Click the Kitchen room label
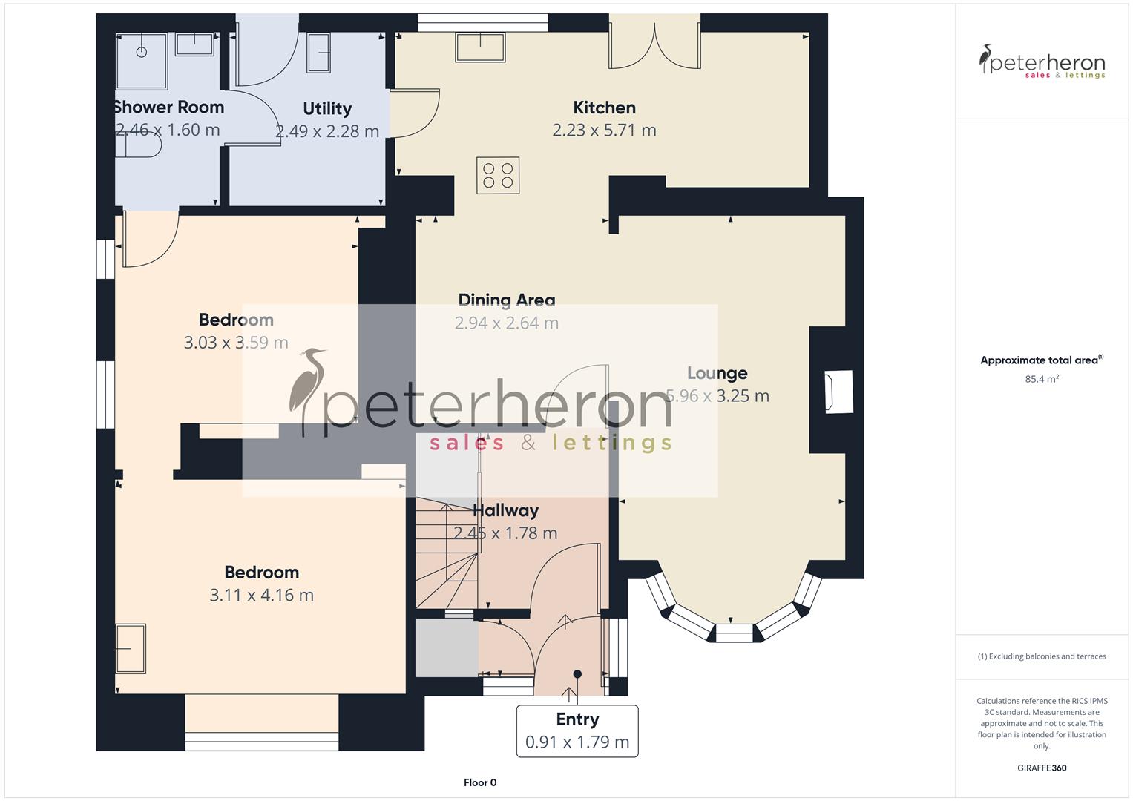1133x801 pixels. point(604,108)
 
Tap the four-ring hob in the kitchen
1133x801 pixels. point(498,176)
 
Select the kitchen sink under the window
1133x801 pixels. point(480,48)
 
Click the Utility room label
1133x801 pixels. point(326,108)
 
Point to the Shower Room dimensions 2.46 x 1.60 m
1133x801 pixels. point(168,130)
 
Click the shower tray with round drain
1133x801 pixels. point(142,51)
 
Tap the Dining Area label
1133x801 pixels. point(506,300)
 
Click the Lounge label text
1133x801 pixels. point(717,373)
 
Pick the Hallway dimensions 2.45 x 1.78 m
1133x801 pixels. point(505,533)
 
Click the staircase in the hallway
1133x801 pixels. point(445,553)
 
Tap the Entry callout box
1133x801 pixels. point(577,731)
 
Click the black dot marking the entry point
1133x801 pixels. point(577,674)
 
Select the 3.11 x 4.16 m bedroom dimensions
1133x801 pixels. point(261,596)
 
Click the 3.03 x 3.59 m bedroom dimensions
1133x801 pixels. point(236,343)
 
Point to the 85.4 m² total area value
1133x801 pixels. point(1042,379)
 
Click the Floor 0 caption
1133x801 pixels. point(480,782)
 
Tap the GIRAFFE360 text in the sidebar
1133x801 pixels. point(1042,768)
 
